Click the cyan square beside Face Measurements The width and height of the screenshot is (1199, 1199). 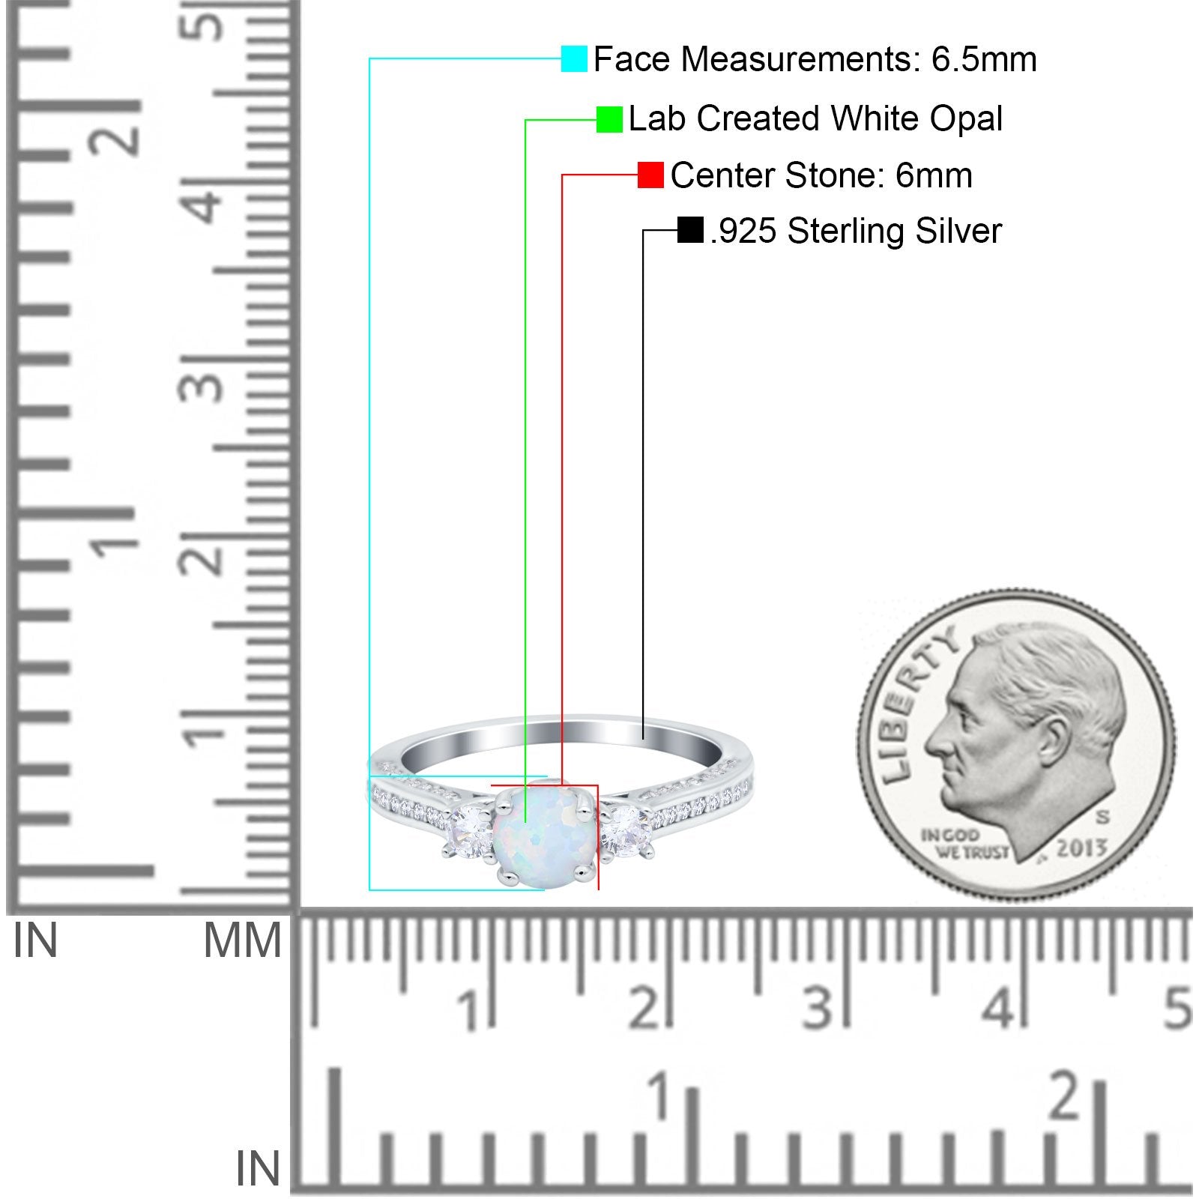[x=574, y=58]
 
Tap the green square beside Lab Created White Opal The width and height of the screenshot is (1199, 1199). [x=609, y=119]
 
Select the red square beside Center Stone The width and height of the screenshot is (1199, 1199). [x=650, y=175]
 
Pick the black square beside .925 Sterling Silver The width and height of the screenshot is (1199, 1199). [x=690, y=230]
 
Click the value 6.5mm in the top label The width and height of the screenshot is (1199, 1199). [x=984, y=59]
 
